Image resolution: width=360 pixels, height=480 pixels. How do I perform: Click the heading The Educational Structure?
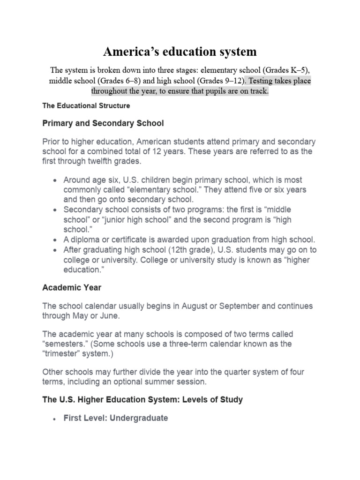(x=86, y=106)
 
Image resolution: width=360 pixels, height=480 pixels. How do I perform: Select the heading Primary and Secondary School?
(x=103, y=123)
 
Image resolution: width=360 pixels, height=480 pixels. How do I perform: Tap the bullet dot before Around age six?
(x=56, y=180)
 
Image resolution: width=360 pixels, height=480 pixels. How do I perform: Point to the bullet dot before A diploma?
(x=56, y=240)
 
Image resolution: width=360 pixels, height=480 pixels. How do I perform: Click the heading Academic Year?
(x=72, y=287)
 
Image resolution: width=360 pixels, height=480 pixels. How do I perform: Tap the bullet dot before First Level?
(x=56, y=419)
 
